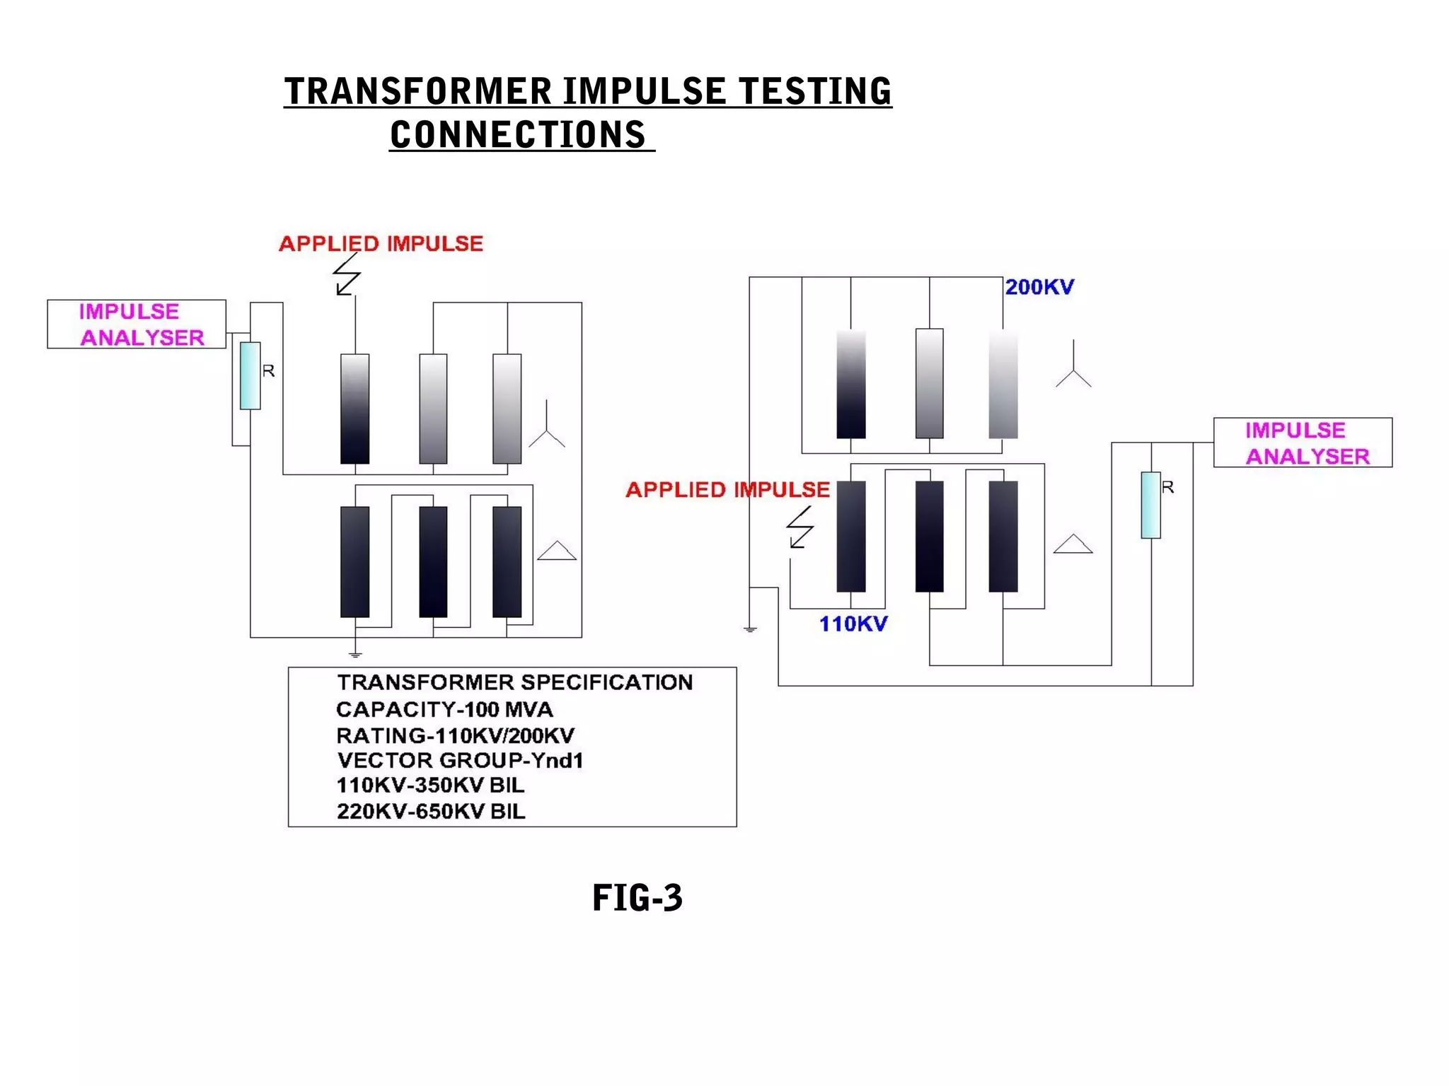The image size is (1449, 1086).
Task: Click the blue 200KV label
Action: pyautogui.click(x=1039, y=287)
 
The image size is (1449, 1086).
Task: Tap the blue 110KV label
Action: pyautogui.click(x=853, y=624)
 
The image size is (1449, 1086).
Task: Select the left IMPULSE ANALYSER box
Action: pyautogui.click(x=137, y=325)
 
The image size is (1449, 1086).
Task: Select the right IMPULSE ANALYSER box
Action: pyautogui.click(x=1303, y=443)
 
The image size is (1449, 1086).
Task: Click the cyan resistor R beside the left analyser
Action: pyautogui.click(x=250, y=376)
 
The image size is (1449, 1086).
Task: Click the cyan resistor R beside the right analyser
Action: pyautogui.click(x=1150, y=506)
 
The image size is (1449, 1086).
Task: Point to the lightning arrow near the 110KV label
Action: pyautogui.click(x=800, y=527)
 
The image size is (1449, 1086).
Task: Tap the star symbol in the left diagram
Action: pyautogui.click(x=547, y=427)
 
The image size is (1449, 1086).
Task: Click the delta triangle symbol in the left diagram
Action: pyautogui.click(x=557, y=551)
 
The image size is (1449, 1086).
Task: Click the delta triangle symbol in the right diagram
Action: pyautogui.click(x=1073, y=544)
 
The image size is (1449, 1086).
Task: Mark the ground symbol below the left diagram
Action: pyautogui.click(x=355, y=655)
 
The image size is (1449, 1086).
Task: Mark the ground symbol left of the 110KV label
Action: pyautogui.click(x=751, y=629)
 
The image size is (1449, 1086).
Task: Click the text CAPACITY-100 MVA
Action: pyautogui.click(x=444, y=709)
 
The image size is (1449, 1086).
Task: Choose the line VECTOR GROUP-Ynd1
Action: pyautogui.click(x=460, y=761)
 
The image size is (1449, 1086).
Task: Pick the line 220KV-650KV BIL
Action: pyautogui.click(x=431, y=812)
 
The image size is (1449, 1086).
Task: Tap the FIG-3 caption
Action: pyautogui.click(x=637, y=898)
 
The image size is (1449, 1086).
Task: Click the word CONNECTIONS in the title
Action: pyautogui.click(x=518, y=135)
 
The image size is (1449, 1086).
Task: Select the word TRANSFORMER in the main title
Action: pyautogui.click(x=417, y=92)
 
